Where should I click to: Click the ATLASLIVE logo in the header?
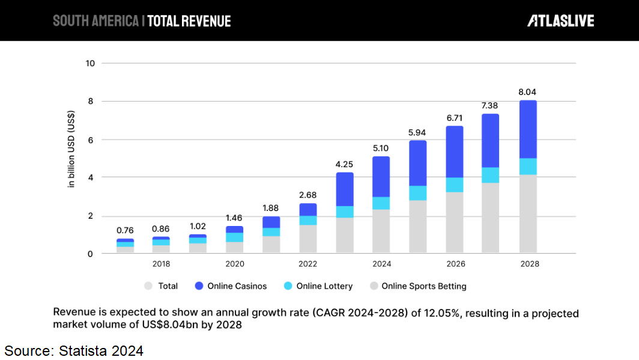click(560, 21)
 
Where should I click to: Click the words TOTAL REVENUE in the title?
click(189, 21)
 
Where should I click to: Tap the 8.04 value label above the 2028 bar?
click(528, 92)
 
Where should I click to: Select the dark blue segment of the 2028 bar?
click(528, 129)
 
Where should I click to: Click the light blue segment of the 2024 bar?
click(381, 203)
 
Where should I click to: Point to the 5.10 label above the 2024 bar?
click(381, 148)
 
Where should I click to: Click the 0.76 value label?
click(125, 230)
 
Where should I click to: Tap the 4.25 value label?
click(344, 163)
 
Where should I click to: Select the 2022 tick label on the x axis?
click(307, 264)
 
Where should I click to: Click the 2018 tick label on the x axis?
click(161, 264)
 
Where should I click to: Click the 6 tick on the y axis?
click(89, 139)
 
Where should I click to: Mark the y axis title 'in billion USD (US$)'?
click(71, 149)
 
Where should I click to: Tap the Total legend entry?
click(168, 286)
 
